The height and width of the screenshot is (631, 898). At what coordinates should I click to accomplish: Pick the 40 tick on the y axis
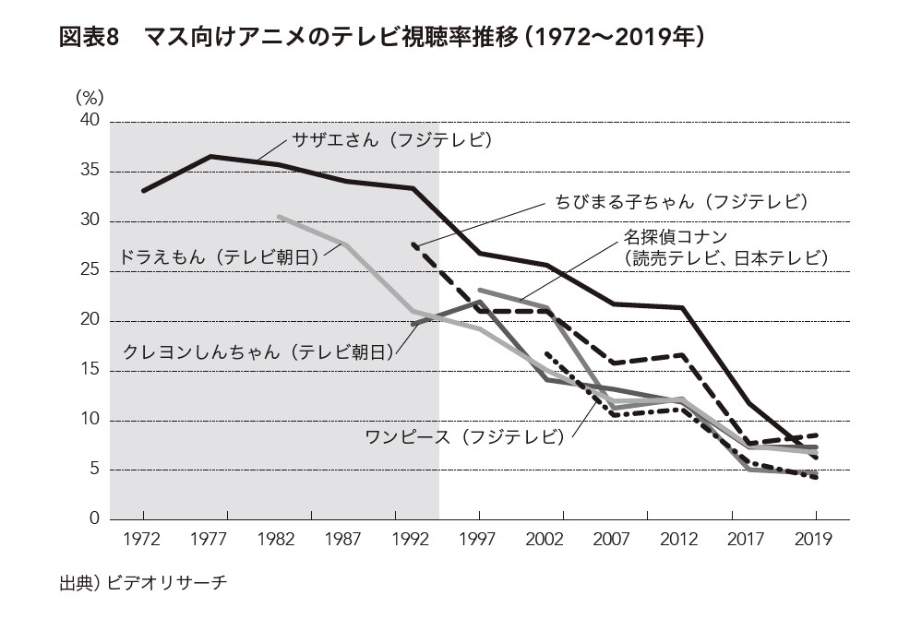[x=90, y=121]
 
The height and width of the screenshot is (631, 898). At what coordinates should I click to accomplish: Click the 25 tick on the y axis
[x=90, y=271]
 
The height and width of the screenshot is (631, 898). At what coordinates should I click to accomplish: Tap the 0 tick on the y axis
[x=94, y=519]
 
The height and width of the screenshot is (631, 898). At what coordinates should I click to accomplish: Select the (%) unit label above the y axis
[x=90, y=97]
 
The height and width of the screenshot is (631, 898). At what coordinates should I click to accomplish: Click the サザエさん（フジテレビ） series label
[x=393, y=141]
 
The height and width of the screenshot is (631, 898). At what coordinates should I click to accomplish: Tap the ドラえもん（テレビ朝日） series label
[x=220, y=257]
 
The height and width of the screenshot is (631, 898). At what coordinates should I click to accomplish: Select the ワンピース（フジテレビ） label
[x=463, y=436]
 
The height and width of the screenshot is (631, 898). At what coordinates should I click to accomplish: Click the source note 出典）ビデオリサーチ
[x=142, y=583]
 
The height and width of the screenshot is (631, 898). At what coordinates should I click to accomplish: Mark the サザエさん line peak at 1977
[x=210, y=157]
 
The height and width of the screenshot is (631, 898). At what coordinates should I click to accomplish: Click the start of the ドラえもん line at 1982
[x=279, y=217]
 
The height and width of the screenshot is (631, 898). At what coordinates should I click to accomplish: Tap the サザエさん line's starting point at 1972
[x=143, y=191]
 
